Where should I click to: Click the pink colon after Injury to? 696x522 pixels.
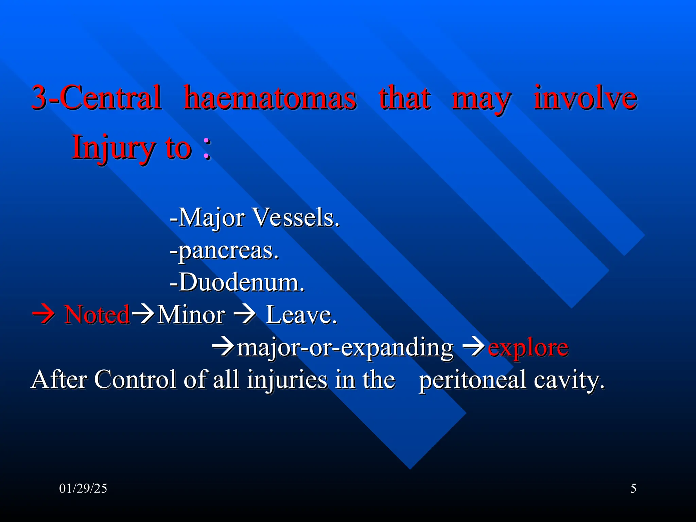click(x=207, y=148)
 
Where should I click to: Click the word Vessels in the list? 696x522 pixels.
click(x=296, y=217)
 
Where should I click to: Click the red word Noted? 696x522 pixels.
click(x=97, y=315)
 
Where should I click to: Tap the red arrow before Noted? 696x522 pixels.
click(x=43, y=315)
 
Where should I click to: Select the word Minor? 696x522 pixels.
click(x=191, y=315)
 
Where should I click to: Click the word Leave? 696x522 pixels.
click(x=301, y=315)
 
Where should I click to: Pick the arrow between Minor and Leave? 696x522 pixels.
click(x=244, y=315)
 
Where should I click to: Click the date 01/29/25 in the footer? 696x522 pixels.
click(x=83, y=488)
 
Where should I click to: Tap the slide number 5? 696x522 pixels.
click(x=633, y=488)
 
